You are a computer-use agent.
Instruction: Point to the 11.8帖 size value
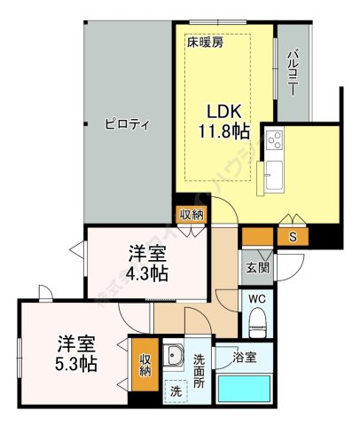[225, 133]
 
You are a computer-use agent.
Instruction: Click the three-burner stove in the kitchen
[273, 140]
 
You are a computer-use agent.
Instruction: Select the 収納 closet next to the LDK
[191, 214]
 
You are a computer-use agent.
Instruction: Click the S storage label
[293, 236]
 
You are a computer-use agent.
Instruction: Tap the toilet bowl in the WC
[258, 324]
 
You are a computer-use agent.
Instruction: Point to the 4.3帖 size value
[146, 273]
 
